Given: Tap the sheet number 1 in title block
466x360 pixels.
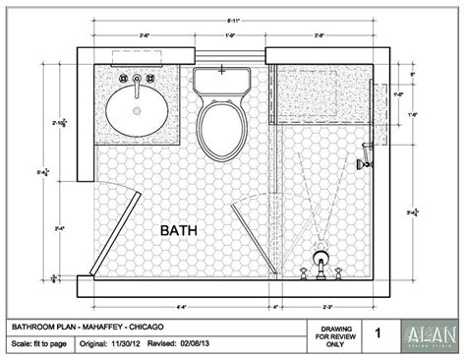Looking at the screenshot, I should [378, 333].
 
